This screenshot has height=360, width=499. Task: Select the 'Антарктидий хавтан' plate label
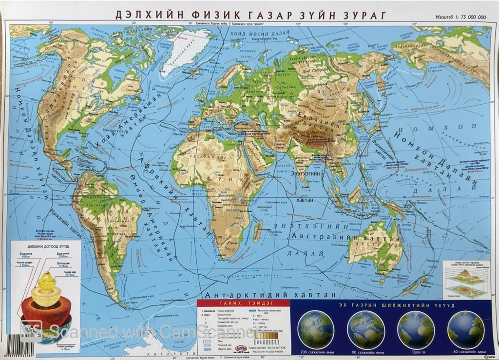pyautogui.click(x=271, y=295)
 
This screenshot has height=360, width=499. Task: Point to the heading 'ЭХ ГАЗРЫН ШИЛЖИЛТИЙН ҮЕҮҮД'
pyautogui.click(x=395, y=305)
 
